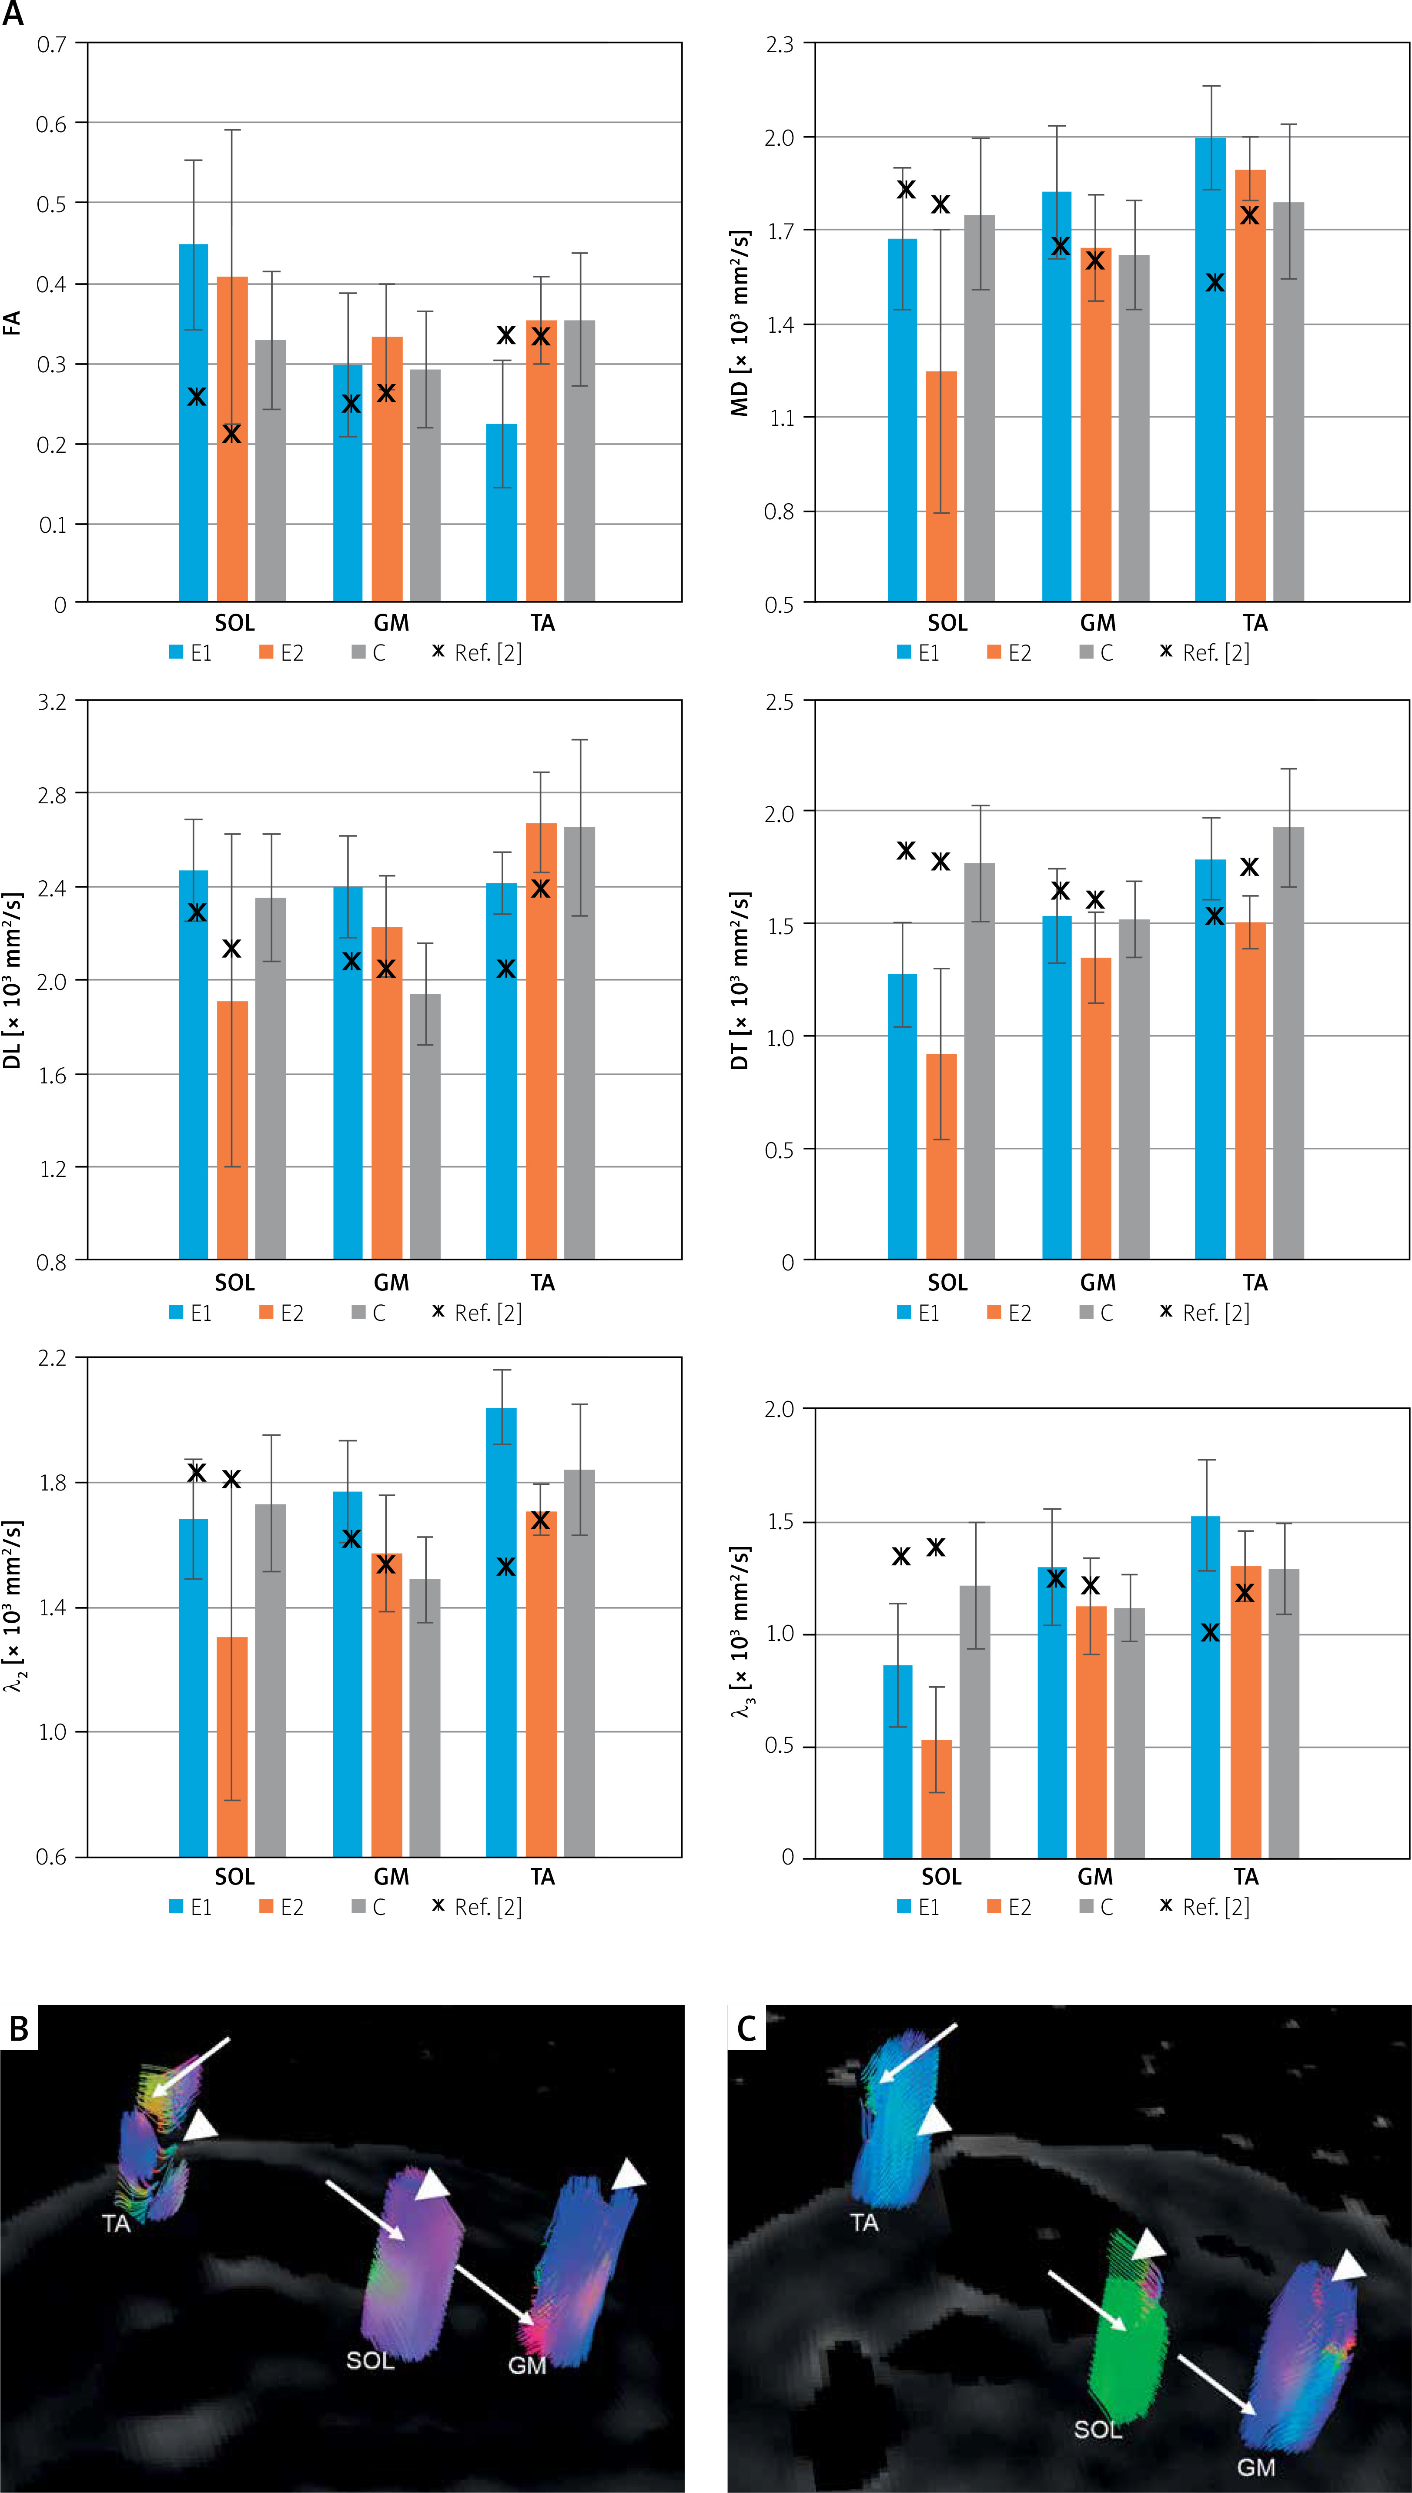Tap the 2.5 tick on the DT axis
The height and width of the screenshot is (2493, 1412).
click(x=779, y=701)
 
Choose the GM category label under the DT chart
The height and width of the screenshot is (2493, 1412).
click(x=1098, y=1283)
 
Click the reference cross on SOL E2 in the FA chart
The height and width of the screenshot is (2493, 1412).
click(x=231, y=434)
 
